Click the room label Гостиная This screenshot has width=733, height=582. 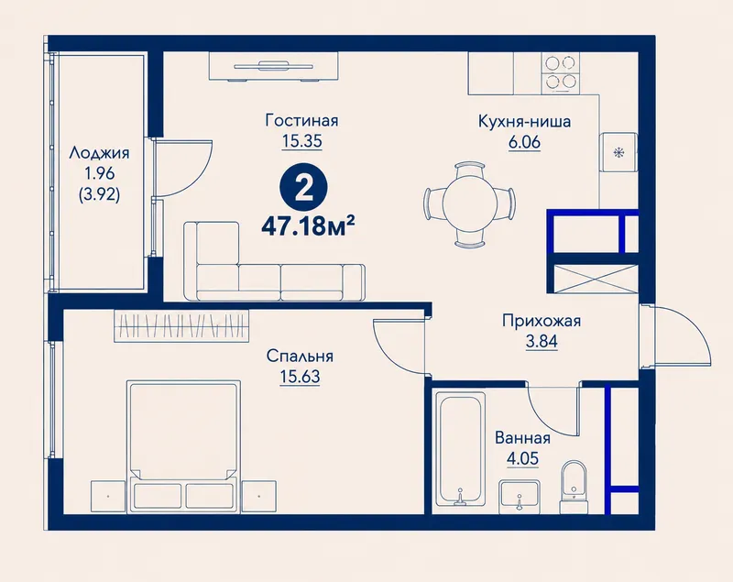[x=301, y=121]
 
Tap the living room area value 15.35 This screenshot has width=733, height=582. [x=302, y=141]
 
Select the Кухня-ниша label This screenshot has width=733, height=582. [x=524, y=122]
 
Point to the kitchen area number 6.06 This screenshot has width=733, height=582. [x=524, y=142]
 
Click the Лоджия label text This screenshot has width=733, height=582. [x=99, y=153]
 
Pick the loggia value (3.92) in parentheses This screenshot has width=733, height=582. [x=99, y=193]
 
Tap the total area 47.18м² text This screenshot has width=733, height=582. [x=308, y=226]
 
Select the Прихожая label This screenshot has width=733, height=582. [x=542, y=321]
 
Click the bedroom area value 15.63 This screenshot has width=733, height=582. [x=300, y=376]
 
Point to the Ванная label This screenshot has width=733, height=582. [x=522, y=438]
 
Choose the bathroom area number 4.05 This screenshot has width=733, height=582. [x=522, y=458]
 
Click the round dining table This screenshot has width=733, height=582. [x=470, y=204]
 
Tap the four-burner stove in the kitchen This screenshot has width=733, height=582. [x=561, y=72]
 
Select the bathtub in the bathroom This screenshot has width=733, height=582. [x=460, y=450]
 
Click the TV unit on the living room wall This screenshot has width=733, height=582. [x=273, y=66]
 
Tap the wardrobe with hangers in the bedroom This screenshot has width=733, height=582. [x=181, y=325]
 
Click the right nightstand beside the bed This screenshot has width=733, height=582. [x=258, y=497]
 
